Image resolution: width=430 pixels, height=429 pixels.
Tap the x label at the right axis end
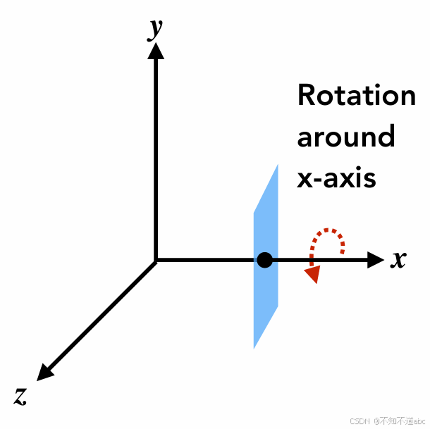(399, 259)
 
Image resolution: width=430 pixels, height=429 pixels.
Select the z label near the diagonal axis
(20, 395)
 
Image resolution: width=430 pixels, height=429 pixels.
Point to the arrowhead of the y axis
(156, 51)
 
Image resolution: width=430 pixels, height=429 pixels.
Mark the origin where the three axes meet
(156, 261)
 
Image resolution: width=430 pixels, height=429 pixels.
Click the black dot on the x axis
(264, 261)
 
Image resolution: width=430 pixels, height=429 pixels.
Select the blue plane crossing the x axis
(266, 296)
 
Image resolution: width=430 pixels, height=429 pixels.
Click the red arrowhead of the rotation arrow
(312, 275)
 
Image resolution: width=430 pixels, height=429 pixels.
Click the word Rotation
(356, 95)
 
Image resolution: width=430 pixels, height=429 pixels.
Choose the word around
(345, 136)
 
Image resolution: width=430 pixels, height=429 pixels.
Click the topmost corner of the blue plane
(278, 166)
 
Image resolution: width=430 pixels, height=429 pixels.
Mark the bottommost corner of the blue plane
(254, 348)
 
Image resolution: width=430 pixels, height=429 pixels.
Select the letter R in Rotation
(306, 95)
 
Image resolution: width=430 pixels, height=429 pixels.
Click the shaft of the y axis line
(156, 155)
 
